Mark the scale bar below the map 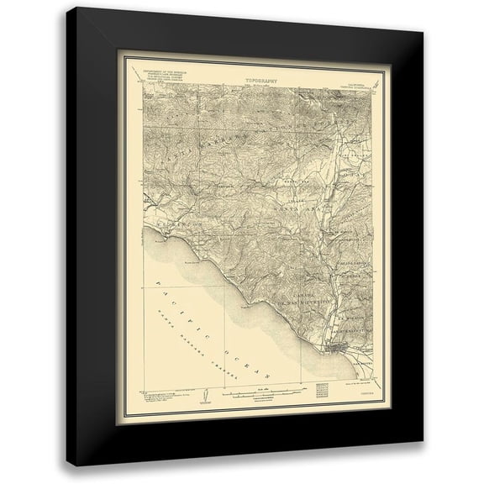260,392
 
